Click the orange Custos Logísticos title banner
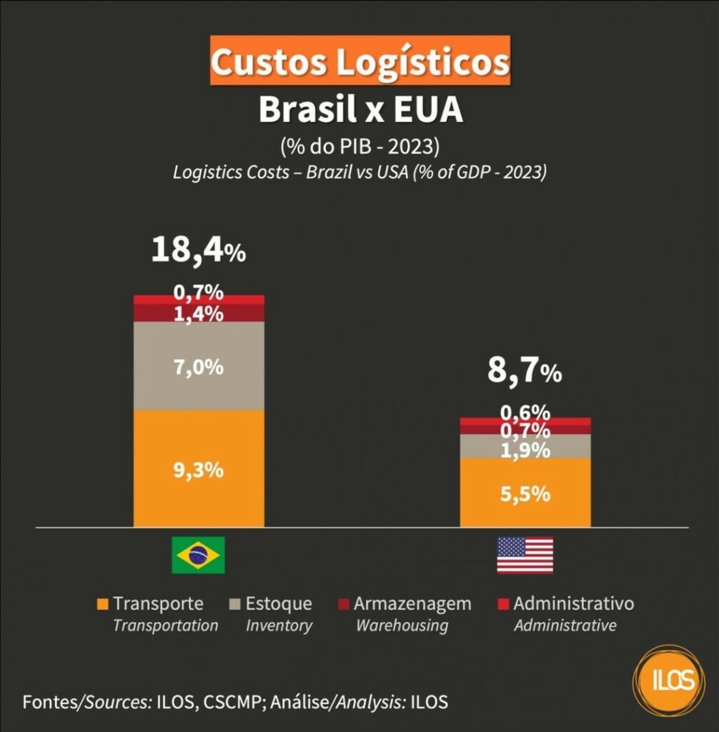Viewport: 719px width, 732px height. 359,61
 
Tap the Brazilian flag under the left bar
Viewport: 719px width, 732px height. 198,555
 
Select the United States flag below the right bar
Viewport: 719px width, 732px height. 525,555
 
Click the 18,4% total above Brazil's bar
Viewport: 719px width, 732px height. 198,252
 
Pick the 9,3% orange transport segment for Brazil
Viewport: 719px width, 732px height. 199,470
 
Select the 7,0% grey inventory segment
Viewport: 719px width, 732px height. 199,367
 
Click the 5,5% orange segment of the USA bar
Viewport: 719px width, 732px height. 525,493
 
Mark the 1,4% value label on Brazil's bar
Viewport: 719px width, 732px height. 199,314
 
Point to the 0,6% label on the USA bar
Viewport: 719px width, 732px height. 525,412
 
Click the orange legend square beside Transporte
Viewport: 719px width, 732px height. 102,605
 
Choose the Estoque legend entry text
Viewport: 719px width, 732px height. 279,604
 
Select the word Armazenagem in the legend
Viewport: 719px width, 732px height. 412,604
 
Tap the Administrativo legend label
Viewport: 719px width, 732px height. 573,604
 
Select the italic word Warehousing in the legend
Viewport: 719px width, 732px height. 402,625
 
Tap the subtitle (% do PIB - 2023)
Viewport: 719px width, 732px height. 359,147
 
